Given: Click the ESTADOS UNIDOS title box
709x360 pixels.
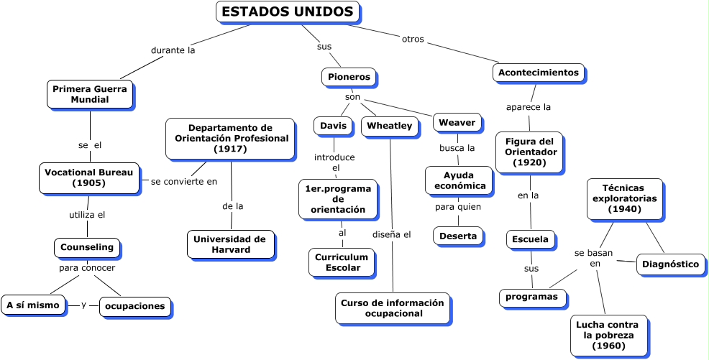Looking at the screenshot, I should [x=288, y=12].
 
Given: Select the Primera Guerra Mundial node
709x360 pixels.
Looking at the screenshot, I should [x=90, y=94].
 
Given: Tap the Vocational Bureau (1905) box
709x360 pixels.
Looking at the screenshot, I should [x=89, y=177].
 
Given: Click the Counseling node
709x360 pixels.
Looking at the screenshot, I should [x=87, y=247].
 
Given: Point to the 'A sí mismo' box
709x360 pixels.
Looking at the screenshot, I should [x=33, y=305].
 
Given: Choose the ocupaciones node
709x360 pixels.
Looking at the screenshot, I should [x=135, y=306].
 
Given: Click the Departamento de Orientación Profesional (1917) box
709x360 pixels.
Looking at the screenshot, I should [x=230, y=139].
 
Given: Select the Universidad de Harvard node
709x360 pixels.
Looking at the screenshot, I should [x=230, y=244].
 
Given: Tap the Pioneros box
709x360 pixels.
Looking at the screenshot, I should [x=349, y=76].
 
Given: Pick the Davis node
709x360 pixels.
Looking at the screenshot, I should [x=333, y=126].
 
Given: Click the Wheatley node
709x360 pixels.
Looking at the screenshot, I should [x=389, y=126].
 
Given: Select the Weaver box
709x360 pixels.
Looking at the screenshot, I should [x=457, y=122].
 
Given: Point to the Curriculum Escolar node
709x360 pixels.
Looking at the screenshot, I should [x=342, y=262].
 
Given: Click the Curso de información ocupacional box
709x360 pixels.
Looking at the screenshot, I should [x=393, y=308].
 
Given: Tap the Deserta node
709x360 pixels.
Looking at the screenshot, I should [x=458, y=236].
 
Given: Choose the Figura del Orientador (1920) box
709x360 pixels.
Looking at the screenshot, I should [x=530, y=152].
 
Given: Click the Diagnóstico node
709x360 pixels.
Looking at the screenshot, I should [x=671, y=264].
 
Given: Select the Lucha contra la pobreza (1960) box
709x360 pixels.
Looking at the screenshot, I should [x=608, y=336].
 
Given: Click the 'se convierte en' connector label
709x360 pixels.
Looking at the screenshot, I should [x=184, y=181].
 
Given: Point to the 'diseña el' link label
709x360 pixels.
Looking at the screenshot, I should [x=392, y=234].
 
